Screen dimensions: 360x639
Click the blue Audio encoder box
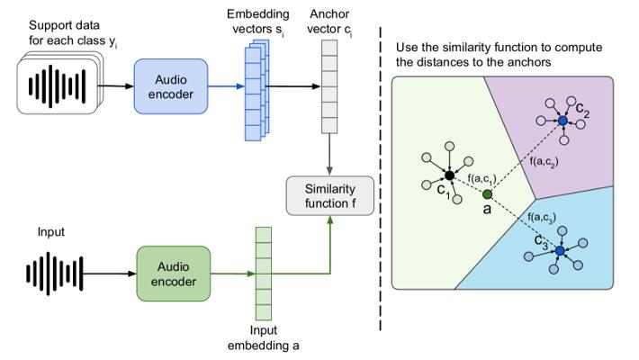[172, 87]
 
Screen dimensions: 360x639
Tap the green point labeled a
[487, 194]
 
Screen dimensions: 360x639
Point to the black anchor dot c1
[449, 175]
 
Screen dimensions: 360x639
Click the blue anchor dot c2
[562, 120]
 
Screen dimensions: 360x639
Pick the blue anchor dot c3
[560, 250]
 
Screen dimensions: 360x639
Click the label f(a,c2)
[544, 162]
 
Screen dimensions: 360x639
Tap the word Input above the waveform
[51, 232]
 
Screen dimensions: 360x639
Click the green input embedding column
[263, 271]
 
